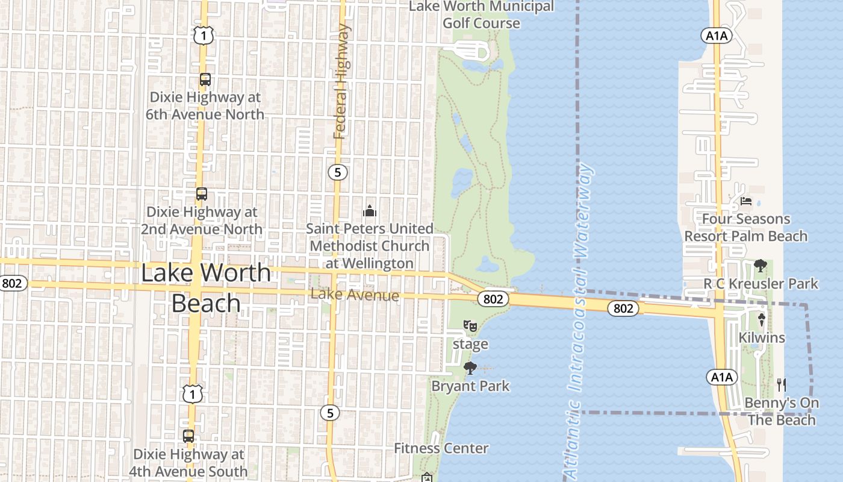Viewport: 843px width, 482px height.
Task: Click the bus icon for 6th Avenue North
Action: (x=205, y=80)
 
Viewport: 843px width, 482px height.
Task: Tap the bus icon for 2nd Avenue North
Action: (x=202, y=194)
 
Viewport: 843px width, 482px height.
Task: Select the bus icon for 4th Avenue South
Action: (x=188, y=436)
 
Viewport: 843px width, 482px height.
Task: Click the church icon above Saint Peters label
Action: (x=370, y=211)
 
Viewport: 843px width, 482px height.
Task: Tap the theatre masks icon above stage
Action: (x=470, y=327)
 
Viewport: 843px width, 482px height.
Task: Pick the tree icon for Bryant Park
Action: (x=470, y=368)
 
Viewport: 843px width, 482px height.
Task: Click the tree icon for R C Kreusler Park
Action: (x=761, y=265)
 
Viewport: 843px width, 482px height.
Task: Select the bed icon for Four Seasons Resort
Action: (x=746, y=201)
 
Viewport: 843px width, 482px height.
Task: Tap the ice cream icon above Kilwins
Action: (x=762, y=319)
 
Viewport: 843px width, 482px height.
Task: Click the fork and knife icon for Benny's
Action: (x=782, y=384)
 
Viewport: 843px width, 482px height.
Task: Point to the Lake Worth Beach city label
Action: (x=206, y=287)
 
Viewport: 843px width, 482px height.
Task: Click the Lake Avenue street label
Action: (x=355, y=295)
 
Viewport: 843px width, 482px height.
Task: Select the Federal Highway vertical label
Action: (x=341, y=81)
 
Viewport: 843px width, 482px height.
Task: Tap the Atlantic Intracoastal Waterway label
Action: (x=577, y=319)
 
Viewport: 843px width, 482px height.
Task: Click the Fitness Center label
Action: (x=441, y=448)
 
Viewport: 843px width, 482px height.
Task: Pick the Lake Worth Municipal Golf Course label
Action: (x=481, y=14)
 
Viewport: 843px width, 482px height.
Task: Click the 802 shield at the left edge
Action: (x=13, y=283)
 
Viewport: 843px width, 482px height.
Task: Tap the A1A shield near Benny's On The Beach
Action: (x=721, y=378)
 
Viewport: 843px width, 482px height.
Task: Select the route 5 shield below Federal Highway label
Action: (x=338, y=172)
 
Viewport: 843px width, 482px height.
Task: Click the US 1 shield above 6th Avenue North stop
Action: (x=204, y=36)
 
